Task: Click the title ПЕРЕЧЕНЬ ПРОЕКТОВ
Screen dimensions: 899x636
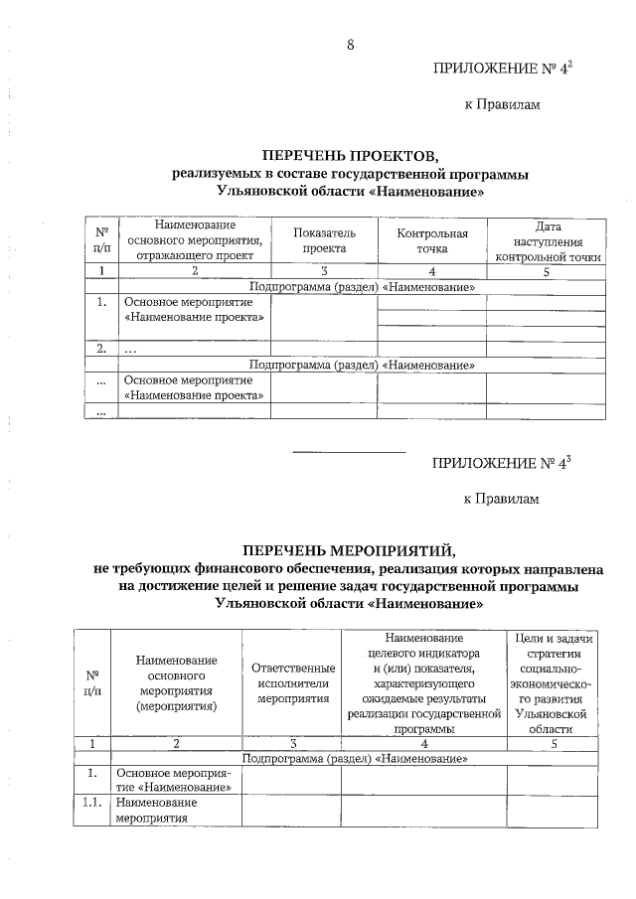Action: tap(349, 156)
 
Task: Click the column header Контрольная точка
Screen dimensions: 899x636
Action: tap(431, 239)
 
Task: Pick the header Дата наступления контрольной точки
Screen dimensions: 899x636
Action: tap(548, 240)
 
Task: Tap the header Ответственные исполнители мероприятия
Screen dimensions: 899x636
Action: tap(293, 683)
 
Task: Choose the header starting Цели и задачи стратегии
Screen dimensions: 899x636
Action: tap(549, 683)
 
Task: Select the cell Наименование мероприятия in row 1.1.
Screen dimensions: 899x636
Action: tap(156, 810)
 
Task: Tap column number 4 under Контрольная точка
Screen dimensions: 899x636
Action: tap(431, 271)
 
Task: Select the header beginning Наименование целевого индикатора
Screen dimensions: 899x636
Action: tap(423, 683)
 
